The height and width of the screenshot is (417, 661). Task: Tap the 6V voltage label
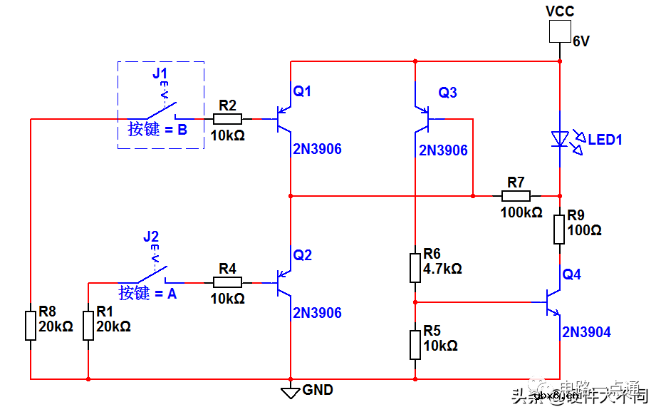pos(581,42)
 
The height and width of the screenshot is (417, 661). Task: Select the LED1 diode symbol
pos(560,138)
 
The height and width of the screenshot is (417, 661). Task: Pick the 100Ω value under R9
pos(584,231)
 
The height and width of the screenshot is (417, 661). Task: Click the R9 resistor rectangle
pos(560,228)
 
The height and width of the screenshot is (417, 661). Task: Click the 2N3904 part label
pos(585,332)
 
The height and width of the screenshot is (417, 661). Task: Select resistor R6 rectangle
pos(415,267)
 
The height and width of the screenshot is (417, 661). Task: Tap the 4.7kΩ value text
pos(442,269)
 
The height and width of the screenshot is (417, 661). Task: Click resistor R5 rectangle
pos(415,344)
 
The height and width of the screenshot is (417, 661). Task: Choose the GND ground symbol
pos(290,391)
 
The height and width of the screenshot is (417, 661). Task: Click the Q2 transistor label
pos(303,255)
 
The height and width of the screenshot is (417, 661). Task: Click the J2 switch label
pos(150,237)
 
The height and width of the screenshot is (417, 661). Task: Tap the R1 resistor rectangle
pos(88,324)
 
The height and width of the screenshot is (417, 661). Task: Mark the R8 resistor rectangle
pos(31,324)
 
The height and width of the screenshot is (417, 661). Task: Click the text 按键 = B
pos(157,130)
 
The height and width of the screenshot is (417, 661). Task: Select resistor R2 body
pos(227,119)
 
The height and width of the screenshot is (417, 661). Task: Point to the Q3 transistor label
pos(447,92)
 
